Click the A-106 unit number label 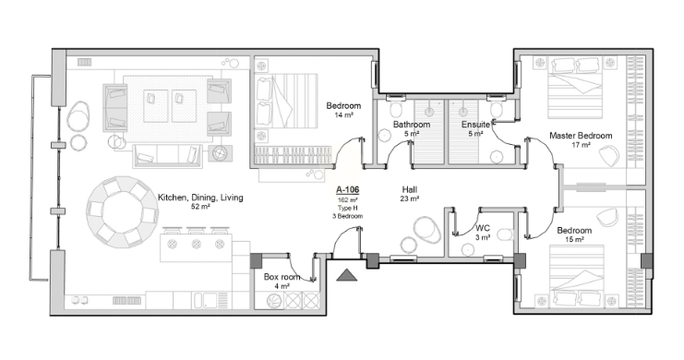tap(347, 190)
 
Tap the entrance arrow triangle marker tap(347, 275)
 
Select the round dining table tap(122, 212)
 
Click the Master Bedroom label tap(581, 136)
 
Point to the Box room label tap(282, 277)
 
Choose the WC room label tap(483, 228)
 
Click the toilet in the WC tap(505, 234)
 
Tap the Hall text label tap(410, 189)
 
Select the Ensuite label tap(475, 125)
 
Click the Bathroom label tap(412, 125)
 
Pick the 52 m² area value tap(200, 207)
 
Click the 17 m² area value tap(581, 145)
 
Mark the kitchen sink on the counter tap(205, 300)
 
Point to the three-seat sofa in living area tap(167, 156)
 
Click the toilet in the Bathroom tap(396, 109)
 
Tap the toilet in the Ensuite tap(496, 109)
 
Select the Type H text tap(347, 208)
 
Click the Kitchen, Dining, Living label tap(200, 198)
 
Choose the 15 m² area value tap(574, 240)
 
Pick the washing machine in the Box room tap(273, 301)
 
